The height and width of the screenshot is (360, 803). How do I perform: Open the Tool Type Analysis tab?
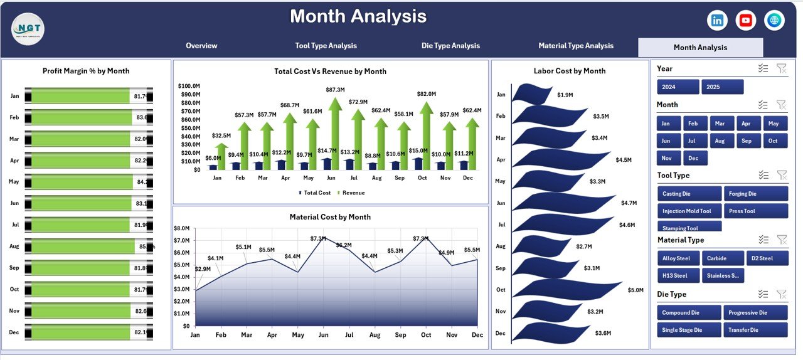click(326, 46)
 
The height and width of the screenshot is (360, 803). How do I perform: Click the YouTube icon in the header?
click(746, 21)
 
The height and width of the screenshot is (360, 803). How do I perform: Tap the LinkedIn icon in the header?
click(717, 21)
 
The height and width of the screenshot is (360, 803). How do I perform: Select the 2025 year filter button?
click(722, 87)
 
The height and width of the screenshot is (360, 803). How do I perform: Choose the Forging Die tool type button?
click(755, 194)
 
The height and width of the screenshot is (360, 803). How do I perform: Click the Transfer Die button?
click(755, 330)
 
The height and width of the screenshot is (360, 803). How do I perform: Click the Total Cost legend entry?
click(315, 193)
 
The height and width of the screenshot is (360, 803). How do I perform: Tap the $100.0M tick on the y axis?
click(189, 86)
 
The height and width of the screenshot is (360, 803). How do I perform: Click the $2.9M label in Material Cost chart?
click(203, 269)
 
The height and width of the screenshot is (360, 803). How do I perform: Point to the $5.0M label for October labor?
click(635, 290)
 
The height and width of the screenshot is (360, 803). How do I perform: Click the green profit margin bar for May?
click(82, 183)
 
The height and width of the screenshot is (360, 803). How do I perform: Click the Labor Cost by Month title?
click(570, 71)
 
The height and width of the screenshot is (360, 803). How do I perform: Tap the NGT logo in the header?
click(28, 29)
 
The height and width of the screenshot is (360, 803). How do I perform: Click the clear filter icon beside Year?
click(781, 68)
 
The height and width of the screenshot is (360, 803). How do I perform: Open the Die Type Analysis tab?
click(450, 46)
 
